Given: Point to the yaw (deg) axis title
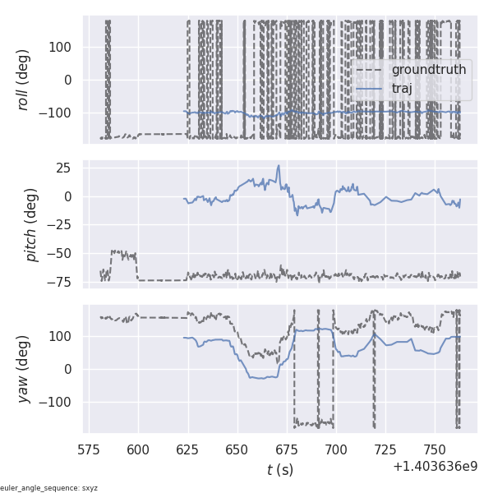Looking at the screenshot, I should coord(24,369).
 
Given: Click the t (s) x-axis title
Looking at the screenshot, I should coord(279,470).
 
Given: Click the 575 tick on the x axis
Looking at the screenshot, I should coord(89,450).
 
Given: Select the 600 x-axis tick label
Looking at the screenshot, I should coord(138,450).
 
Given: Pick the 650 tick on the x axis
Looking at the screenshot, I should coord(237,450).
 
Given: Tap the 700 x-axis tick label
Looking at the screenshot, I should coord(336,450).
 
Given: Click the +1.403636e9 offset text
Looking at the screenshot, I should coord(435,467).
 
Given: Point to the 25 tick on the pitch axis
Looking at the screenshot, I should coord(64,168).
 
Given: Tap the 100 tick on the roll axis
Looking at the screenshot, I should coord(61,47).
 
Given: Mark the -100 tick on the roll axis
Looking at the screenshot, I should coord(58,113).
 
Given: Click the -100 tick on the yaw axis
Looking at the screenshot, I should coord(58,402).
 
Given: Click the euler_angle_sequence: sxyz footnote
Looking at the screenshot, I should coord(49,488).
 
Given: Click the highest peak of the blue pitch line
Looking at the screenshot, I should coord(279,166).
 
